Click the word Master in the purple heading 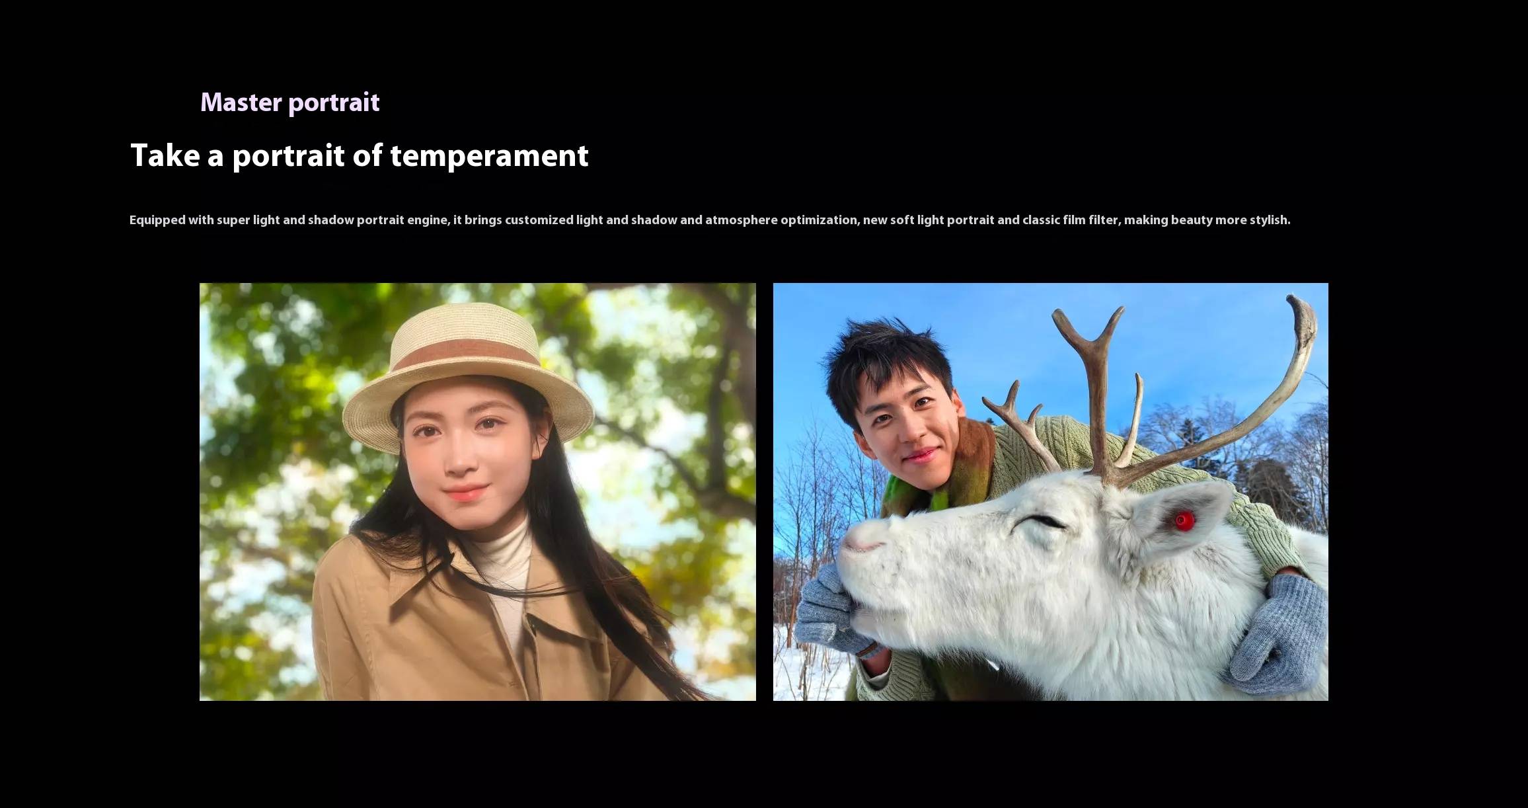[x=241, y=102]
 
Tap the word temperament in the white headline [x=489, y=156]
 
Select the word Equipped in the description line [x=157, y=220]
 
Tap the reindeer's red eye [x=1182, y=520]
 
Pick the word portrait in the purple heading [x=334, y=103]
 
